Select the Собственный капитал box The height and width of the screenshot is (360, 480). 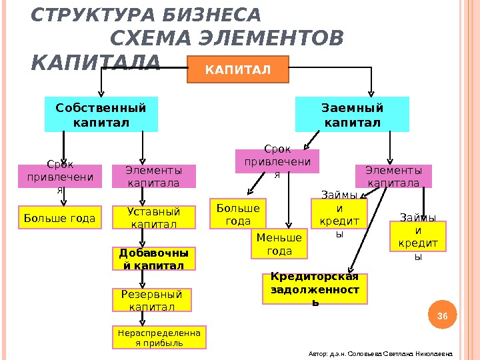coord(101,115)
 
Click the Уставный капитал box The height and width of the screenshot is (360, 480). coord(154,218)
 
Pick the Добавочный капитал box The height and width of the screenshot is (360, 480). coord(154,259)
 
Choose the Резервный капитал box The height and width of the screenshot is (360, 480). coord(151,300)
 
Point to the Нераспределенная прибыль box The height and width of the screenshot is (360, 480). coord(159,337)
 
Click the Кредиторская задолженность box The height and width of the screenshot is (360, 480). coord(315,289)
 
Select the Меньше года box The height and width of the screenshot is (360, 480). coord(280,244)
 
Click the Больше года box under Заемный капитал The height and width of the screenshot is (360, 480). coord(238,214)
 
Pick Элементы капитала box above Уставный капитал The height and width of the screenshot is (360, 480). coord(153,177)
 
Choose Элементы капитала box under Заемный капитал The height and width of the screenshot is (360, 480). coord(393,176)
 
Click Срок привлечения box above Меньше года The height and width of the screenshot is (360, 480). coord(277,161)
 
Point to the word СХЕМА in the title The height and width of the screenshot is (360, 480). coord(154,39)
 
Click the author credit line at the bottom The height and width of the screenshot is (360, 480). coord(381,354)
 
